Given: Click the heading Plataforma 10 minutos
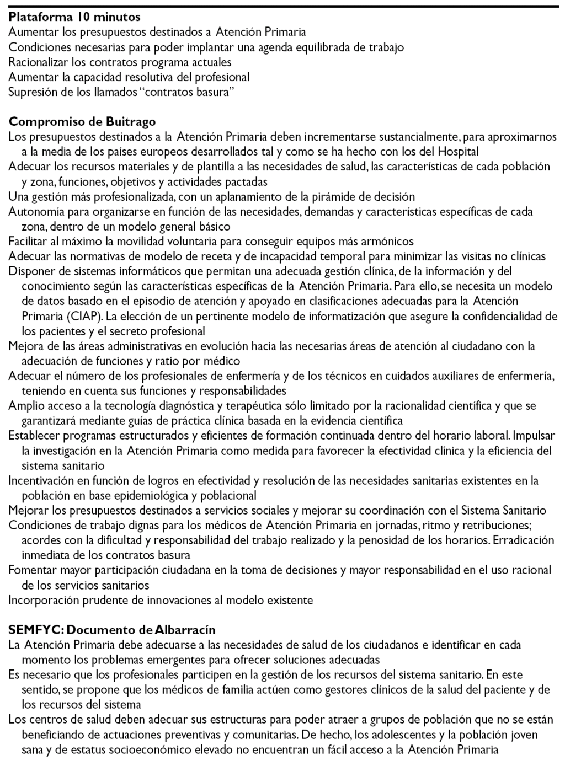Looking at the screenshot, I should click(74, 17).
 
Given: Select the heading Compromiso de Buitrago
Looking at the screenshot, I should click(82, 121).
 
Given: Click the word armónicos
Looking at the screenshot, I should click(387, 241).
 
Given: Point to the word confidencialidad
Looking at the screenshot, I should click(500, 317).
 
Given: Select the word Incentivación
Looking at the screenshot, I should click(41, 480).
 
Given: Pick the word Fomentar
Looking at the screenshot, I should click(32, 570).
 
